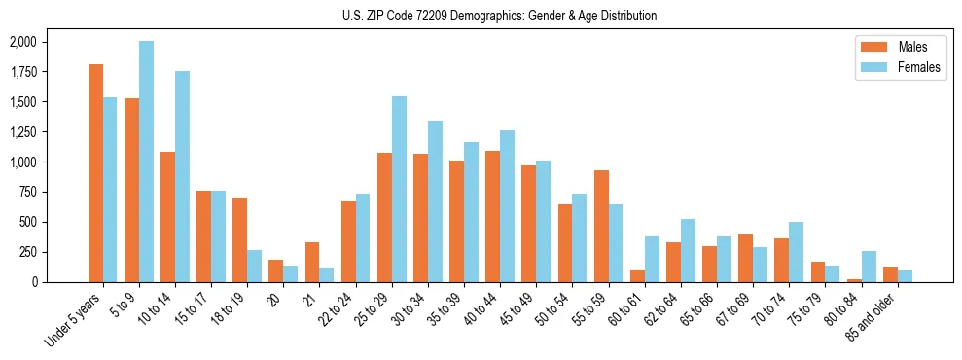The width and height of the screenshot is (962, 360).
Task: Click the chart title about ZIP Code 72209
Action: coord(499,16)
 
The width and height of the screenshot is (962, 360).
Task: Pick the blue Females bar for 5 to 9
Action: coord(146,162)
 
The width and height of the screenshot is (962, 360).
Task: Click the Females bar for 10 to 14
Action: coord(183,176)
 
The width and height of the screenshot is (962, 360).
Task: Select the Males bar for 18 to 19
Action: coord(239,239)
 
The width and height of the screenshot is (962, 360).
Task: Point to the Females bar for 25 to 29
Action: coord(399,189)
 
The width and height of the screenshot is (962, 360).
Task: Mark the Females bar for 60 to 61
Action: coord(652,259)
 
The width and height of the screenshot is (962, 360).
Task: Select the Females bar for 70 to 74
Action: coord(797,252)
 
